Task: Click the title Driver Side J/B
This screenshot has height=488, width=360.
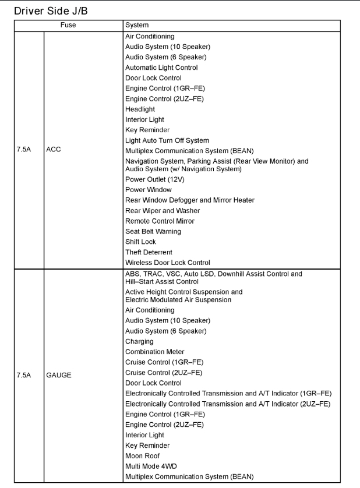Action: tap(51, 10)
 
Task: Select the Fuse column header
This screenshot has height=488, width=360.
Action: tap(69, 25)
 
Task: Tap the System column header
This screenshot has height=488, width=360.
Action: tap(137, 25)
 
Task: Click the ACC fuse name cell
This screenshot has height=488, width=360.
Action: tap(54, 150)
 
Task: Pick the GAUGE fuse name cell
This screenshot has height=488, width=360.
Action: tap(59, 375)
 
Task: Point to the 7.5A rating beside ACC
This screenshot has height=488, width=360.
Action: tap(24, 150)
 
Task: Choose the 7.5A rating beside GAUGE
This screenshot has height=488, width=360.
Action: tap(24, 375)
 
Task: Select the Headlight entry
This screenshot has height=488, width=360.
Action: tap(140, 109)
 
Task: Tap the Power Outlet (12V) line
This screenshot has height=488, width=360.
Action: tap(153, 179)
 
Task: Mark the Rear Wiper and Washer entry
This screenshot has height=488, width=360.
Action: tap(163, 211)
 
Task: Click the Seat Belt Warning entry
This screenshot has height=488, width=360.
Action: tap(153, 231)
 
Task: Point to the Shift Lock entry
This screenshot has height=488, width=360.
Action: tap(140, 242)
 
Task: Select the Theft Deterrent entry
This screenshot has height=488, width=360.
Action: tap(149, 252)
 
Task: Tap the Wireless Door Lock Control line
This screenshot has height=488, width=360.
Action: tap(168, 263)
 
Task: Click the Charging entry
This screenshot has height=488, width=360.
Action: tap(139, 341)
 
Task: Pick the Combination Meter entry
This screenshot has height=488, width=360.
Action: tap(155, 352)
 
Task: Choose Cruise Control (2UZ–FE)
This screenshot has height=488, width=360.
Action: tap(165, 373)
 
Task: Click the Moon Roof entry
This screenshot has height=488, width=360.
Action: tap(142, 456)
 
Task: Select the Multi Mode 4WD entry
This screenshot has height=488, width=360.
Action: tap(151, 466)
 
